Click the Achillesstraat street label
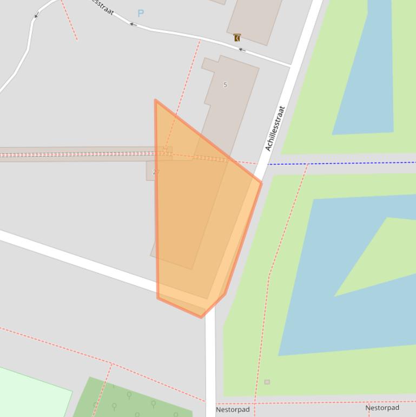[275, 128]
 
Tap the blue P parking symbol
[141, 14]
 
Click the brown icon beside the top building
[237, 37]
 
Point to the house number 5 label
[225, 84]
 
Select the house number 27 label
[156, 172]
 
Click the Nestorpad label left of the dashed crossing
[233, 409]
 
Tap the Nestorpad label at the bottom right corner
[382, 408]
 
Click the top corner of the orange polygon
[156, 100]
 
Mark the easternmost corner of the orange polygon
[262, 183]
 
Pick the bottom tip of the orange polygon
[202, 317]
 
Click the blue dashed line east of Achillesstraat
[346, 163]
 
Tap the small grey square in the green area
[267, 382]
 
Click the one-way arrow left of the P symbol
[131, 23]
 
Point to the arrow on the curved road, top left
[36, 15]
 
